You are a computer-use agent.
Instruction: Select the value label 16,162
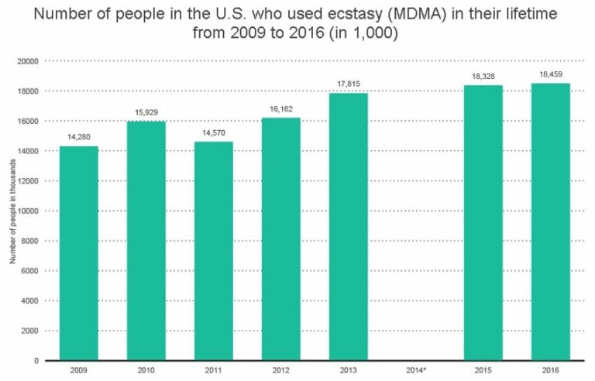pyautogui.click(x=280, y=110)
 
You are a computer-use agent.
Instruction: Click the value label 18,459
pyautogui.click(x=550, y=75)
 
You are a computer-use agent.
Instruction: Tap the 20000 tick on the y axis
pyautogui.click(x=29, y=61)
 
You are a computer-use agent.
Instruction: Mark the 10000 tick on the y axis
pyautogui.click(x=29, y=211)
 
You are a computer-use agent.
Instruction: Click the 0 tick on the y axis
pyautogui.click(x=36, y=361)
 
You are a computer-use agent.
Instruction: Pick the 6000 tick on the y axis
pyautogui.click(x=31, y=271)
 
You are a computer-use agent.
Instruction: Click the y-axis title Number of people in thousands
pyautogui.click(x=12, y=211)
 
